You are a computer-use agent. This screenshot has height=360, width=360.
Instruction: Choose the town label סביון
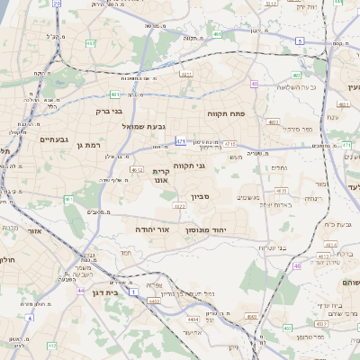(x=200, y=194)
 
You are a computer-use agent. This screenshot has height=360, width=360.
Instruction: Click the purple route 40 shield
(x=255, y=84)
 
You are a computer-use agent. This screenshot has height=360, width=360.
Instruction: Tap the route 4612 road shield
(x=136, y=168)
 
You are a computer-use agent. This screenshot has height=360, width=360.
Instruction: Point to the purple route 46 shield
(x=297, y=265)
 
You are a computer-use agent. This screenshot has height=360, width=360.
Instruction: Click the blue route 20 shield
(x=58, y=4)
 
